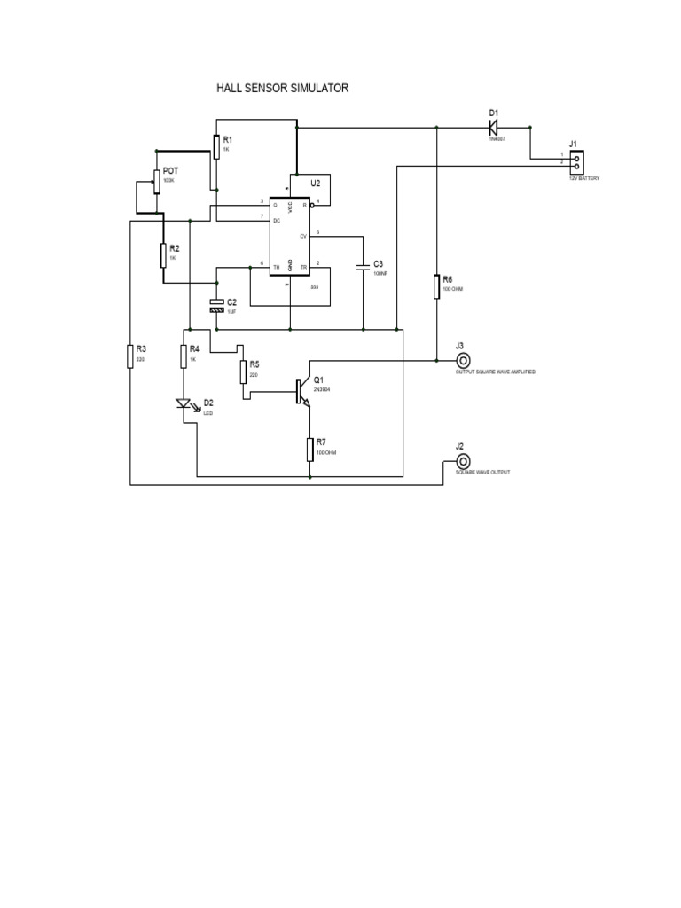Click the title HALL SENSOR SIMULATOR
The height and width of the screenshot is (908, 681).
tap(283, 89)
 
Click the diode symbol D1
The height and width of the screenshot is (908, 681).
tap(494, 128)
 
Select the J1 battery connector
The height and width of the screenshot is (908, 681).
tap(576, 161)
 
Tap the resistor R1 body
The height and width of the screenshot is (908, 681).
tap(215, 146)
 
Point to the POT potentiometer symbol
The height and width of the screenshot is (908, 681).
tap(156, 182)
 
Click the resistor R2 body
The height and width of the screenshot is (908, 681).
tap(163, 254)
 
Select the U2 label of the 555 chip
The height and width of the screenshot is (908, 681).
tap(315, 183)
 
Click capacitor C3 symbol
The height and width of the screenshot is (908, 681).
tap(363, 265)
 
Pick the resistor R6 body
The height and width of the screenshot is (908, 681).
tap(437, 287)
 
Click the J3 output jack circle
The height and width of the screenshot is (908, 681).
tap(461, 361)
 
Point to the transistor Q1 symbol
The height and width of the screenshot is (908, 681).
tap(301, 391)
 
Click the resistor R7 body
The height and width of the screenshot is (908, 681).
tap(310, 449)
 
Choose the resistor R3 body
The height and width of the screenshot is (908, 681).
tap(130, 356)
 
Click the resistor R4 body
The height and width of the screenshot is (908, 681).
tap(184, 356)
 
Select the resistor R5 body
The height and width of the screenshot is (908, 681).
tap(243, 371)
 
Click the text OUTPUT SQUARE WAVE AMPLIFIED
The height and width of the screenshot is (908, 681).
tap(495, 373)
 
